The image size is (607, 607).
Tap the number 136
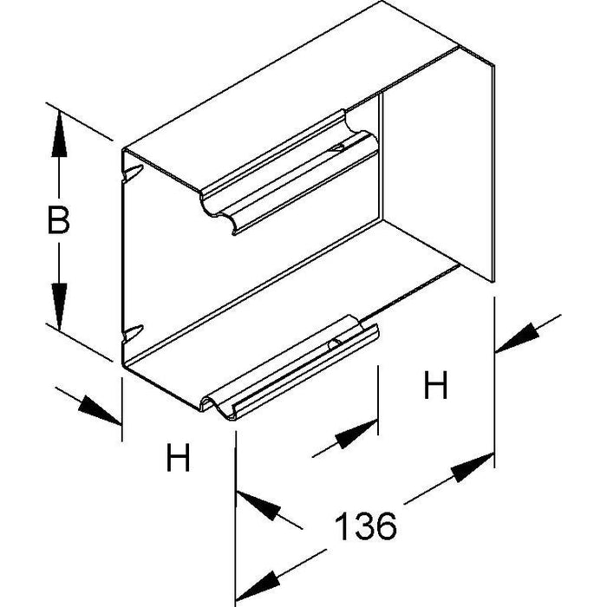pyautogui.click(x=365, y=525)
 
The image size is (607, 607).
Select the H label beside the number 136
pyautogui.click(x=435, y=385)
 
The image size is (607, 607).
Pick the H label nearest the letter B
pyautogui.click(x=178, y=459)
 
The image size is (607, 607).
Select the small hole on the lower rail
pyautogui.click(x=333, y=344)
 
